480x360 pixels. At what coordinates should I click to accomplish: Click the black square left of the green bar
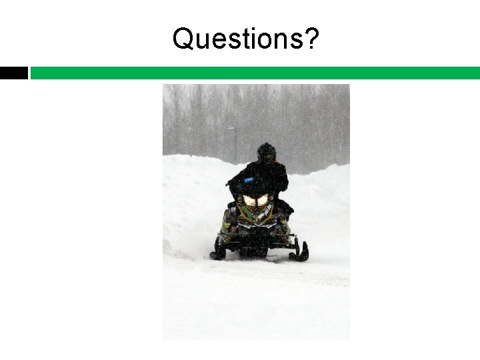pos(13,73)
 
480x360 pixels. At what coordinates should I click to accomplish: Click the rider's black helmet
pos(267,152)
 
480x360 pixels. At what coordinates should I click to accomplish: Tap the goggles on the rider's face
pos(268,157)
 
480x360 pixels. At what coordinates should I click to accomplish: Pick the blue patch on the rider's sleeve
pos(249,179)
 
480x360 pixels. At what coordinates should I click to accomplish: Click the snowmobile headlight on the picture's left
pos(251,200)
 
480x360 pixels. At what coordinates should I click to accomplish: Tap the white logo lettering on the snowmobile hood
pos(263,213)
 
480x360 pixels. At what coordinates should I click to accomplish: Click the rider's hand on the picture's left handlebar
pos(231,183)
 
